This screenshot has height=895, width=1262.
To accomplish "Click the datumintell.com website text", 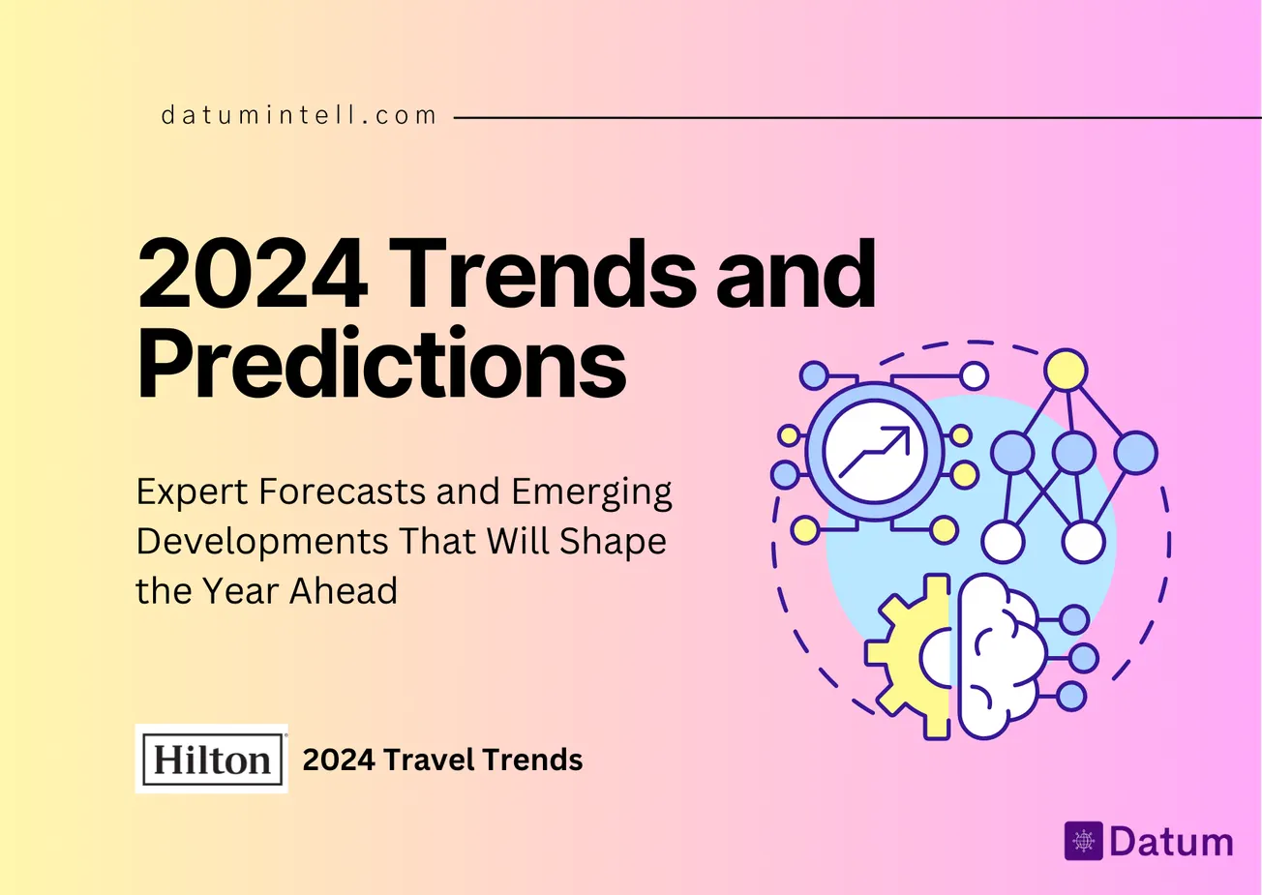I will tap(299, 116).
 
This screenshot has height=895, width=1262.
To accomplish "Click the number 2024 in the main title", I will tap(253, 274).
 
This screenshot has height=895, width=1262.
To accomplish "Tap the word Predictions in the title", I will tap(381, 365).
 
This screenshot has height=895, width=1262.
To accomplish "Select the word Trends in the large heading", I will tap(544, 274).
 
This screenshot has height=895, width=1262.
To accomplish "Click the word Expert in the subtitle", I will tap(192, 492).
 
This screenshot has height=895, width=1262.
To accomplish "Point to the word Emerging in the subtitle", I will tap(591, 492).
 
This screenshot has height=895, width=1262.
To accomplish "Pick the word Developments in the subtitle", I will tap(260, 541).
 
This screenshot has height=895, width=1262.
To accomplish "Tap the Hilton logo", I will tap(212, 759).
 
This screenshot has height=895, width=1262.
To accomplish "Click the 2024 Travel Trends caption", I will tap(442, 760).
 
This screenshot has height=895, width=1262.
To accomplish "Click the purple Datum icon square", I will tap(1083, 841).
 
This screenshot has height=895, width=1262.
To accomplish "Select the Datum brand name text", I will tap(1171, 841).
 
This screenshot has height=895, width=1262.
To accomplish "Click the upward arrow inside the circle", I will tap(875, 452).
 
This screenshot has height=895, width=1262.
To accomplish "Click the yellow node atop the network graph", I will tap(1066, 370).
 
